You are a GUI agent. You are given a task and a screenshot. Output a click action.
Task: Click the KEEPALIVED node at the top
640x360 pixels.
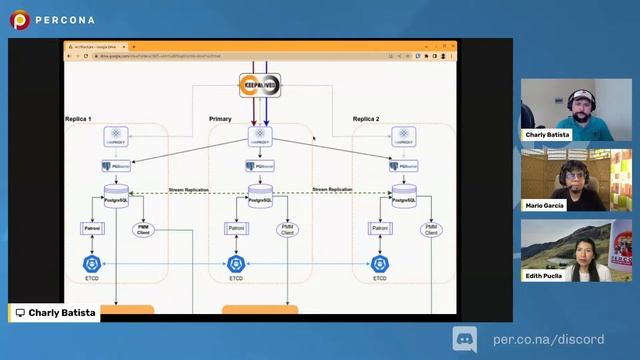(259, 87)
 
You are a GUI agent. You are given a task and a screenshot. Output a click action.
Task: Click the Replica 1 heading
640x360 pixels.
(78, 119)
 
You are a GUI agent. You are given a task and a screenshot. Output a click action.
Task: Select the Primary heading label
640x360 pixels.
(220, 119)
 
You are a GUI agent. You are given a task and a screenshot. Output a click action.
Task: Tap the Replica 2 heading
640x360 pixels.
(365, 119)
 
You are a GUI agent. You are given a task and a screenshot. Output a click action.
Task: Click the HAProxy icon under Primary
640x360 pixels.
(260, 136)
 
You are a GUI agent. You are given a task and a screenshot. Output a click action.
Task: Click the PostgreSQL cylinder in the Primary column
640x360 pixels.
(261, 193)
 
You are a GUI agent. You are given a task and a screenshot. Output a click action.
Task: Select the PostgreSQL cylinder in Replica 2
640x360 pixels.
(404, 193)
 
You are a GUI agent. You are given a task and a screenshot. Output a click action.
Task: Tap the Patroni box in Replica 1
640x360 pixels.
(92, 229)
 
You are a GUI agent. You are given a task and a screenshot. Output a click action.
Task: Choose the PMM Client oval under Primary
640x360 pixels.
(288, 230)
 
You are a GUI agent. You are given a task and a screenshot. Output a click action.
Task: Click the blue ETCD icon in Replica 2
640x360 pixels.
(380, 263)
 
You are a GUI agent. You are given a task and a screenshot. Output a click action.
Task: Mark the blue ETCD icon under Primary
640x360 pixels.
(236, 263)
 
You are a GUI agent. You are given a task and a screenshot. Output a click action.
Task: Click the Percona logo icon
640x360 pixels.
(20, 19)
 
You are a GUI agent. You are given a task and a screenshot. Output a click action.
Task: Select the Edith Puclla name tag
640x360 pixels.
(548, 275)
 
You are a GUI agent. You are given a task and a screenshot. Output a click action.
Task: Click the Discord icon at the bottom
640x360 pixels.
(465, 339)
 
